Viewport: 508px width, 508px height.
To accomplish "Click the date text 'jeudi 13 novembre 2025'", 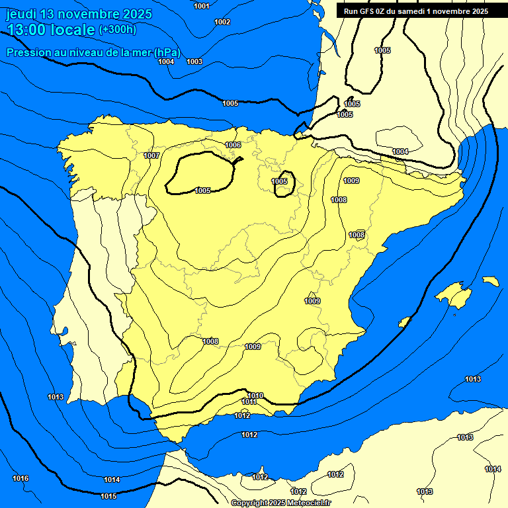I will [79, 14].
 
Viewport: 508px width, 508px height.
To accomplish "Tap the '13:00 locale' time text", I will [52, 30].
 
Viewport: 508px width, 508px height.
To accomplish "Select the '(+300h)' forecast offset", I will [117, 29].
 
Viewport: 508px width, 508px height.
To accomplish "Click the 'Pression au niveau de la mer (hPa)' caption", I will [93, 52].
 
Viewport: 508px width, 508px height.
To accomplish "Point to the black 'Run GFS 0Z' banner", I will [415, 11].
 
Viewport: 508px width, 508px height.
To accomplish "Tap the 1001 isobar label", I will [202, 6].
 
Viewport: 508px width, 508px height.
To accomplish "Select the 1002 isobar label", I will [222, 22].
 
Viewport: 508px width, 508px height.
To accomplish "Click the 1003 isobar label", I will [194, 62].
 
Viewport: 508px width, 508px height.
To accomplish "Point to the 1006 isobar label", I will [233, 145].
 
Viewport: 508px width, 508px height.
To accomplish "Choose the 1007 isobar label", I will [151, 155].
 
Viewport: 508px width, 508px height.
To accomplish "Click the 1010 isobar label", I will [255, 396].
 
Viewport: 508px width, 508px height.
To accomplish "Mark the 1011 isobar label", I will [249, 402].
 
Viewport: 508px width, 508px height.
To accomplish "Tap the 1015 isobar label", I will [108, 496].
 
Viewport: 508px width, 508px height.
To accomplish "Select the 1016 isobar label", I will [21, 478].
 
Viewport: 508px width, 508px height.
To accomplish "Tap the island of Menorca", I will [490, 281].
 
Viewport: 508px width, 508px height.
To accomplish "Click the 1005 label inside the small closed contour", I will [280, 181].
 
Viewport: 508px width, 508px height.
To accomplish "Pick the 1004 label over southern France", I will [400, 151].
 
